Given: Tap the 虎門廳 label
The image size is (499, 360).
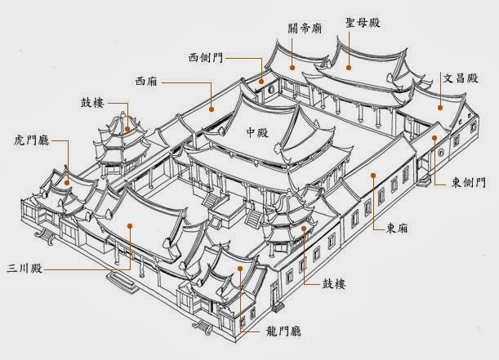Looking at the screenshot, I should (28, 140).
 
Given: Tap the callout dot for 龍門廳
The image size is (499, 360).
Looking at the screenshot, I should (241, 268).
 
